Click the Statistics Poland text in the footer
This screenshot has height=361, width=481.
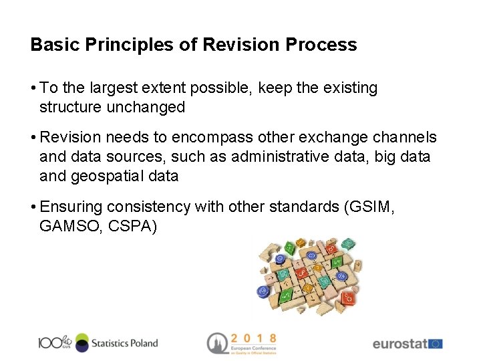(124, 343)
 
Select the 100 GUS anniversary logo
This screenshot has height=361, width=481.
(55, 343)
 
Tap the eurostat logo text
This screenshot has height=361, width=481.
(399, 344)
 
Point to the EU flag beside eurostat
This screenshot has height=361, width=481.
(435, 344)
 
